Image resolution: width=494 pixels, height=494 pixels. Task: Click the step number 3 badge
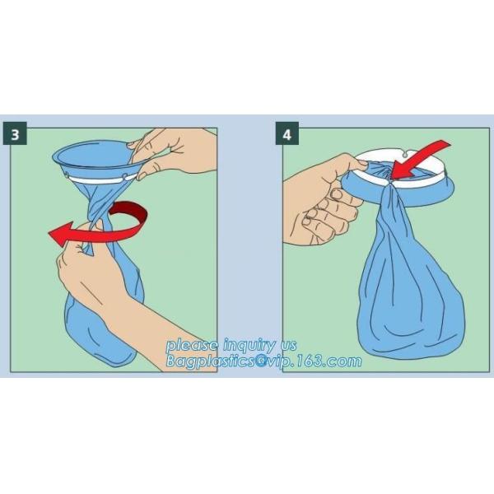tap(15, 133)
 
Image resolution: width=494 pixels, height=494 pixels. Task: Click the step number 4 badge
tap(287, 133)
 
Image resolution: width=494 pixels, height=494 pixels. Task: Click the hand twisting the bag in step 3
tap(95, 277)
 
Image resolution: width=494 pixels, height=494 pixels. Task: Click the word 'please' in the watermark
tap(192, 346)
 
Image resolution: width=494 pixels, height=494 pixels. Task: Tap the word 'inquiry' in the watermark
tap(249, 346)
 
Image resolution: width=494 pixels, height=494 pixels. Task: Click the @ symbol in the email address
tap(260, 361)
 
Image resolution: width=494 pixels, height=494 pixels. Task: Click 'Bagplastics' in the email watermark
tap(210, 361)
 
